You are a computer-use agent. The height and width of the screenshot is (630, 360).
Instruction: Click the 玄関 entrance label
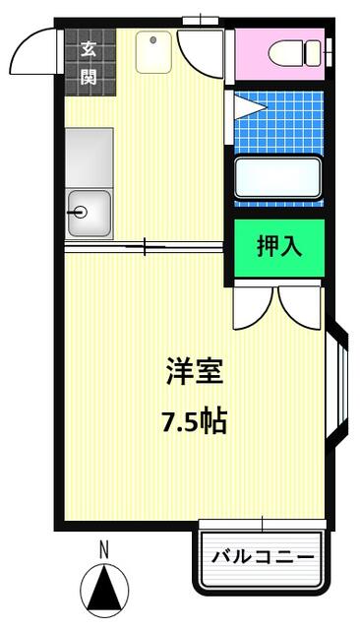(x=89, y=63)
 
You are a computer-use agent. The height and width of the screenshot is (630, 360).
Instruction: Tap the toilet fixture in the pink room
(x=294, y=53)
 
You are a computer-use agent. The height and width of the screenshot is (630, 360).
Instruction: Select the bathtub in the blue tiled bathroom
(x=277, y=178)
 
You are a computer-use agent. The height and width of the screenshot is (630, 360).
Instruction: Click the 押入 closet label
(x=279, y=246)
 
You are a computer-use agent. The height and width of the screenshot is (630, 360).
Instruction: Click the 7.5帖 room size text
(x=195, y=420)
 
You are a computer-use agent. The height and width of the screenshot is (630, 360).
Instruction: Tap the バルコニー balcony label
(x=263, y=557)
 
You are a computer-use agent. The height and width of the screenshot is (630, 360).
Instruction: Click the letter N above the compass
(x=104, y=549)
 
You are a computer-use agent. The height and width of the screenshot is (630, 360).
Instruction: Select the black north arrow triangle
(x=104, y=587)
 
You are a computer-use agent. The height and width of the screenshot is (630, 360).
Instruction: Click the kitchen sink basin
(x=90, y=213)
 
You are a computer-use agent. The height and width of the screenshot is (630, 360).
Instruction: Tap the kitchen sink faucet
(x=78, y=213)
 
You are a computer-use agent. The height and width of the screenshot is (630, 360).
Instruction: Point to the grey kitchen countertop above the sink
(x=90, y=157)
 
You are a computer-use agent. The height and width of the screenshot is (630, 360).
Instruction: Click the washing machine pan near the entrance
(x=153, y=52)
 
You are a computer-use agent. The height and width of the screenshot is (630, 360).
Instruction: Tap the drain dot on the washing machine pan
(x=152, y=39)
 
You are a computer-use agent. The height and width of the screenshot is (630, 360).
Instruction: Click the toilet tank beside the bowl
(x=313, y=53)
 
